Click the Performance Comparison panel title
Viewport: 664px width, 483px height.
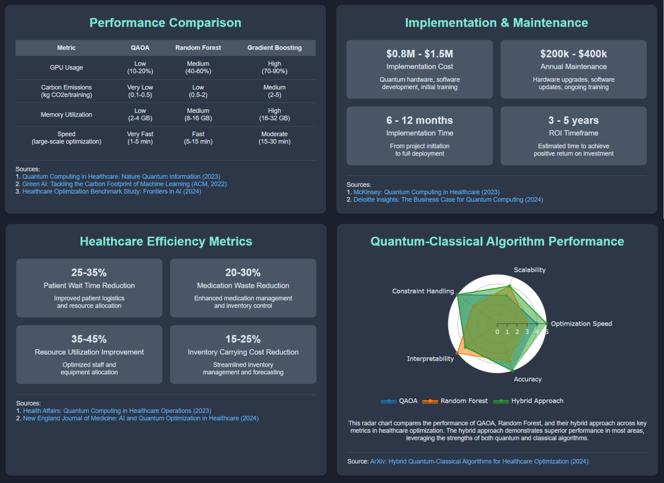tap(165, 23)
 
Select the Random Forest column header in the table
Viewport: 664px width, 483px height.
tap(198, 48)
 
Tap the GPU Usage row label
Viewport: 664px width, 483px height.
tap(66, 68)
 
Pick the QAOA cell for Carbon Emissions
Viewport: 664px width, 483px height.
tap(140, 91)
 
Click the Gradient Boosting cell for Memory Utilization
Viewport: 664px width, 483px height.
tap(274, 114)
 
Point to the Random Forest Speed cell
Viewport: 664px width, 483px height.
tap(198, 138)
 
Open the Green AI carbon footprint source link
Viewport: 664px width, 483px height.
tap(124, 184)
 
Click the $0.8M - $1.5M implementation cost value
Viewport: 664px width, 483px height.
tap(420, 54)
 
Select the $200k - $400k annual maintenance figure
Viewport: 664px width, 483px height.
tap(573, 54)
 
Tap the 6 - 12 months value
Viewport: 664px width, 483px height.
tap(420, 120)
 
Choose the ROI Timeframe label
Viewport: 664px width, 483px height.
tap(573, 133)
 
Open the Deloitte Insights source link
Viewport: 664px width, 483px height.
tap(448, 199)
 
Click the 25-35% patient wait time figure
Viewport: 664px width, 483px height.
tap(89, 272)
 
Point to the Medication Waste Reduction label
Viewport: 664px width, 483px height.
tap(243, 286)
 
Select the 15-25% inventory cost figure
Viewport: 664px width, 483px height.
tap(243, 339)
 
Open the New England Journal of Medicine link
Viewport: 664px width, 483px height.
tap(141, 418)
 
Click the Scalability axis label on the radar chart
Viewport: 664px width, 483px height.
tap(529, 270)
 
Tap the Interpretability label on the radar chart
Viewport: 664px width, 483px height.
tap(430, 359)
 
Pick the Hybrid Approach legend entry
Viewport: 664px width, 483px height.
tap(537, 401)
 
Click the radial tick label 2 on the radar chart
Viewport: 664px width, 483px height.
tap(517, 332)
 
